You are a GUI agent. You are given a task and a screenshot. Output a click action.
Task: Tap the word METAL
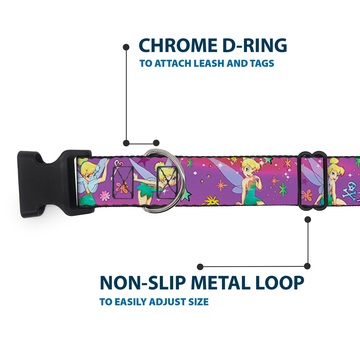coord(221,283)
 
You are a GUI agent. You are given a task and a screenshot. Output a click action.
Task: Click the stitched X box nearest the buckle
coord(123,182)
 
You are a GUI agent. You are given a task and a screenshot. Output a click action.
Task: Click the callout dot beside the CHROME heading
coord(126,47)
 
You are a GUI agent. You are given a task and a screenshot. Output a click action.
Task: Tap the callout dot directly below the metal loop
coord(307,220)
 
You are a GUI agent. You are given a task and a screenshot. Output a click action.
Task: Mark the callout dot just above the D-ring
coord(156,143)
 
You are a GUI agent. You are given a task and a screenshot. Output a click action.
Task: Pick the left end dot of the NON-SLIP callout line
coord(200,267)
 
